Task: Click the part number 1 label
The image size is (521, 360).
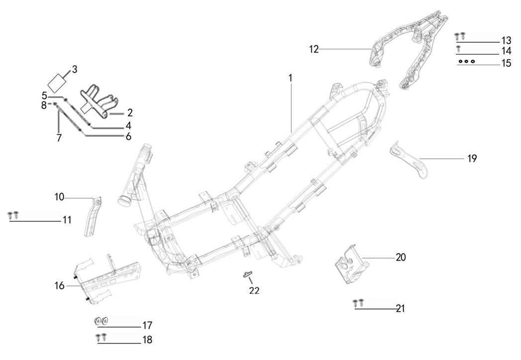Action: coord(291,78)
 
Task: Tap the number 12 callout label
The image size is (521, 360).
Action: coord(313,49)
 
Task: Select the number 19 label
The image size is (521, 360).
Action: coord(472,159)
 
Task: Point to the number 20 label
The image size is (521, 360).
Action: coord(401,258)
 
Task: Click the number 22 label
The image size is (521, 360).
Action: coord(254,290)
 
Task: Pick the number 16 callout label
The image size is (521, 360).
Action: coord(60,285)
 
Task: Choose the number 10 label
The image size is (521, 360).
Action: coord(60,197)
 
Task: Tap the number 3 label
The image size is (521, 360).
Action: coord(75,69)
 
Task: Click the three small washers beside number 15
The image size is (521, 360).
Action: coord(467,61)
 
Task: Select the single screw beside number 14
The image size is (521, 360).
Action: coord(458,48)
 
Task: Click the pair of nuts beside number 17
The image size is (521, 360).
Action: coord(101,321)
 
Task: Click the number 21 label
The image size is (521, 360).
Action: coord(401,308)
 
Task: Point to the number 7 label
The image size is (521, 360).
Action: coord(59,138)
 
